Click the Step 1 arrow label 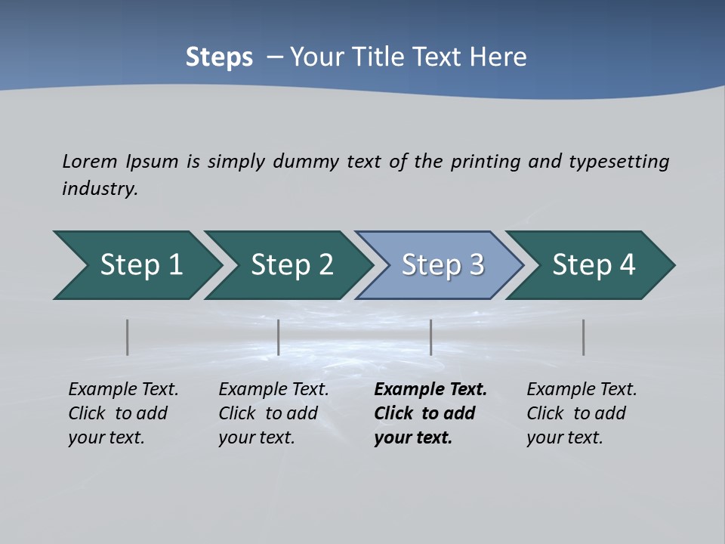141,265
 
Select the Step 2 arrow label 292,265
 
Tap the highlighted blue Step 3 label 443,265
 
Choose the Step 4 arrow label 594,265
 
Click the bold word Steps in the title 219,57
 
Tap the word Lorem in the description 90,161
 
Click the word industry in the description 99,188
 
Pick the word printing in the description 480,161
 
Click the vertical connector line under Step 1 128,337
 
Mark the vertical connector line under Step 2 279,337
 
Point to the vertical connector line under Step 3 431,337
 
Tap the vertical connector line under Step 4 584,337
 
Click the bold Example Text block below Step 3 430,413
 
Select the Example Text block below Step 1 123,413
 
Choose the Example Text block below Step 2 273,413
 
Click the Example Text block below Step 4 582,413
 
